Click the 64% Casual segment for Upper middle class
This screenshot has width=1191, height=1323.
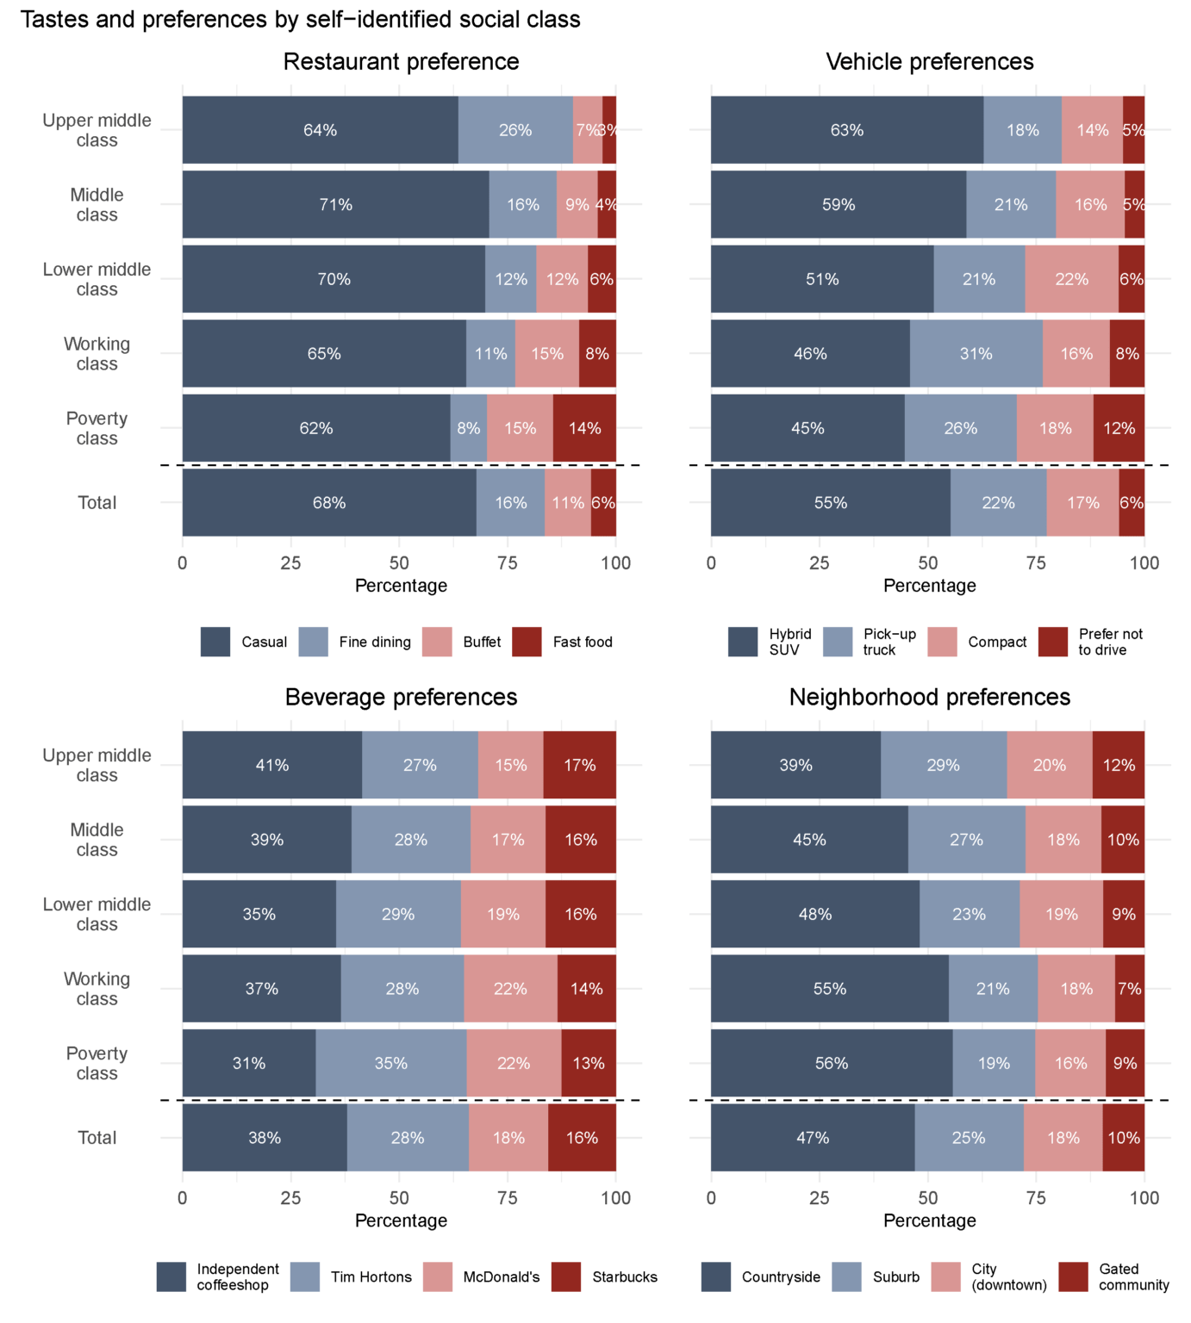[320, 130]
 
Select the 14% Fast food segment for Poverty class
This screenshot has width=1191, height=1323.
[584, 428]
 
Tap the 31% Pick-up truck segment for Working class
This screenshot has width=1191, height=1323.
[976, 354]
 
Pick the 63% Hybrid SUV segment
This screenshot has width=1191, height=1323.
[846, 130]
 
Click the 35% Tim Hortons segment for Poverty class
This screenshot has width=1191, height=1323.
[390, 1064]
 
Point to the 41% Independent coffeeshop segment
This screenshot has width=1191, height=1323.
[271, 766]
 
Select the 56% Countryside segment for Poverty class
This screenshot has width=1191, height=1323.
[831, 1064]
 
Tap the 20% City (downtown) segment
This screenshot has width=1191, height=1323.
[1049, 766]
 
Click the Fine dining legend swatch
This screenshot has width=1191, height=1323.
[314, 642]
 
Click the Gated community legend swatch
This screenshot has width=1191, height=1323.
[1073, 1276]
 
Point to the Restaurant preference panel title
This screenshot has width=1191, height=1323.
[401, 62]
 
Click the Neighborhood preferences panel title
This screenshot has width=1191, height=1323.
[929, 697]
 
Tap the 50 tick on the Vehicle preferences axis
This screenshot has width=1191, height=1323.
[927, 563]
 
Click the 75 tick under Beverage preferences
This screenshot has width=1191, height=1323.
[508, 1198]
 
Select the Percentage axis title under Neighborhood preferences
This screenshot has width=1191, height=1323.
[929, 1221]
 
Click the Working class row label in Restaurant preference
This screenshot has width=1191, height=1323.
[97, 354]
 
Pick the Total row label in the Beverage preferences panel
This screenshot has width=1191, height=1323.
[97, 1138]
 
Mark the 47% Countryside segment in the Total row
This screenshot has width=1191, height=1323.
[812, 1138]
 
